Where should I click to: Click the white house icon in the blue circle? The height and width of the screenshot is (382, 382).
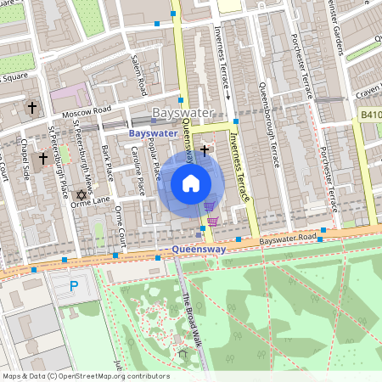point(191,183)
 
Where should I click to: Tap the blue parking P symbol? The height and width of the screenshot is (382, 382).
point(73,287)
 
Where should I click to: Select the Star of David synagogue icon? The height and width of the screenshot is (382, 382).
point(82,194)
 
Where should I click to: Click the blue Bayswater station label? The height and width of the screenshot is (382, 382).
point(153,133)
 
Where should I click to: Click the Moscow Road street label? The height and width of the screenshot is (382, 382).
point(85,110)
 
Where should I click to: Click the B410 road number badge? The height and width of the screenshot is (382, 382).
point(369,114)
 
